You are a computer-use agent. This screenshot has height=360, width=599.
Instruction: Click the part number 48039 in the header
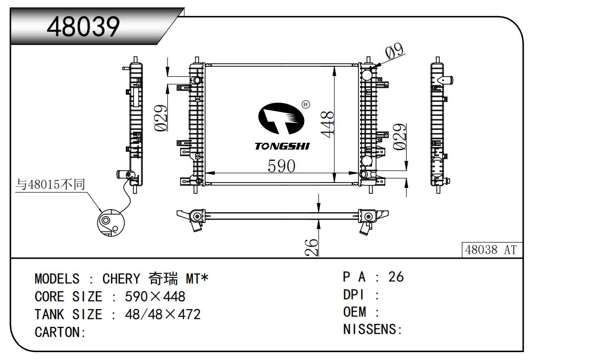point(83,27)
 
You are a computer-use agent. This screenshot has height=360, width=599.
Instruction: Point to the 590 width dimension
point(281,166)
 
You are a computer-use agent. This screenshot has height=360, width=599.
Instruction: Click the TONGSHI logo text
point(282,146)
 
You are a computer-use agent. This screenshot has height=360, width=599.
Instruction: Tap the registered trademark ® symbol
point(305,104)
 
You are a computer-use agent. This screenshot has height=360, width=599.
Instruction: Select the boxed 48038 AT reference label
point(491,250)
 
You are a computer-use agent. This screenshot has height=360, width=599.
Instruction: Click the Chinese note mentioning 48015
point(50,185)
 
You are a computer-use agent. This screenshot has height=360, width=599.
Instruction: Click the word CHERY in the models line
point(121,279)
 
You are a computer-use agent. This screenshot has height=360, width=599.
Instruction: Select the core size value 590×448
point(155,297)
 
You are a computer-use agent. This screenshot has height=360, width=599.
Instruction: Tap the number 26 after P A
point(396,277)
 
